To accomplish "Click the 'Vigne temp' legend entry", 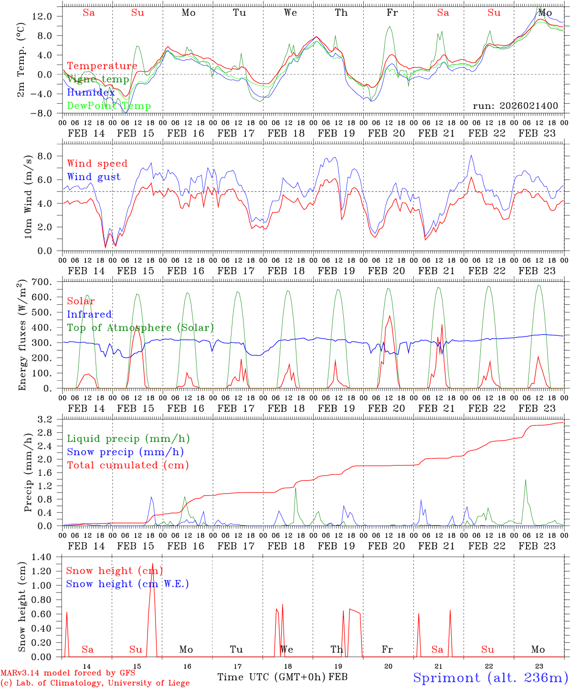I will tap(98, 79).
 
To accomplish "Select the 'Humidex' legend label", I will tap(91, 93).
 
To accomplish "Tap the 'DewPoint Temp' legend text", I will tap(109, 106).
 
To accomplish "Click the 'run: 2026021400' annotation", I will tap(515, 106).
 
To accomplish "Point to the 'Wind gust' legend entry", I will tap(94, 177).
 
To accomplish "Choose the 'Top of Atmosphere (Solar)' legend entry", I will tap(140, 328).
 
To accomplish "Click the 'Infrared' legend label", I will tap(89, 314).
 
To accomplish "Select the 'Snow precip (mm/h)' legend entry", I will tap(125, 452).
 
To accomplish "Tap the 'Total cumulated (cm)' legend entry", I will tap(128, 465).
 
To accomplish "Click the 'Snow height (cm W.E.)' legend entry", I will tap(127, 584).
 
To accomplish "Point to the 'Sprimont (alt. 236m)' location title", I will tap(491, 677).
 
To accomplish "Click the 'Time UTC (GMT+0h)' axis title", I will tap(272, 677).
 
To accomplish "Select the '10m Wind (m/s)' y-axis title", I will tap(28, 196).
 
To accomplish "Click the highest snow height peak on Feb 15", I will tap(153, 564).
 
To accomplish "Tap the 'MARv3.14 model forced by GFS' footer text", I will tap(68, 673).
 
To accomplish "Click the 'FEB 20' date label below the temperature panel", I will tap(386, 133).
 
